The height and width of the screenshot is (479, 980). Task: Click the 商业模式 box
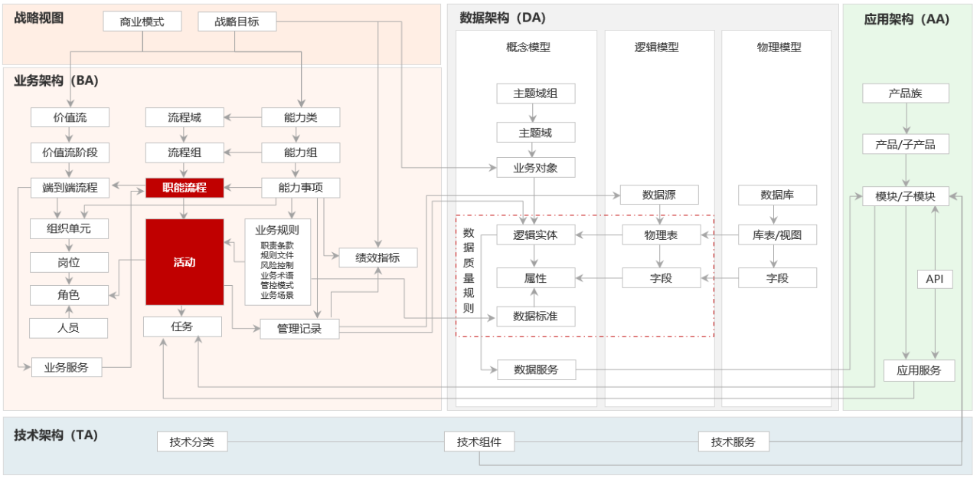[142, 21]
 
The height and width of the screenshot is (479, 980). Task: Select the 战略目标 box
[237, 21]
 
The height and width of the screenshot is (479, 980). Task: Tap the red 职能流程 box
[185, 188]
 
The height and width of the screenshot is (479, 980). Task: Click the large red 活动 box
[185, 262]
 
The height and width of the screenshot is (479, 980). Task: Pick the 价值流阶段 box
[70, 153]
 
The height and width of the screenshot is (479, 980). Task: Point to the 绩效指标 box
[378, 258]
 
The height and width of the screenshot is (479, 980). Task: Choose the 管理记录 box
[299, 329]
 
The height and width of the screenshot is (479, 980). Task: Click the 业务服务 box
[67, 367]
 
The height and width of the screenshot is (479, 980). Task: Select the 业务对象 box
[536, 168]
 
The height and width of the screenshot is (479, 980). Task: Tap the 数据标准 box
[536, 316]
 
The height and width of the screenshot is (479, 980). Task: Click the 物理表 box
[661, 235]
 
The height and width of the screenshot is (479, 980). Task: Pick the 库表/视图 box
[777, 235]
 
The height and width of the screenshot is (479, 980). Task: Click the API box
[935, 279]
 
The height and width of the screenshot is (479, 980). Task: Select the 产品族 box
[906, 94]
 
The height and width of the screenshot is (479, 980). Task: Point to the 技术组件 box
[479, 441]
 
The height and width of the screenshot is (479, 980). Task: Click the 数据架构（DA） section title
[503, 18]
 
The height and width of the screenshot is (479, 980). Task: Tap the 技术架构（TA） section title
[56, 435]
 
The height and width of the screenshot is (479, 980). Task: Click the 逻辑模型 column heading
[657, 48]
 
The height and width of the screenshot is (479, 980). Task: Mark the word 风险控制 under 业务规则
[277, 265]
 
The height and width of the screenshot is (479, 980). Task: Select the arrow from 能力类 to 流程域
[243, 117]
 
